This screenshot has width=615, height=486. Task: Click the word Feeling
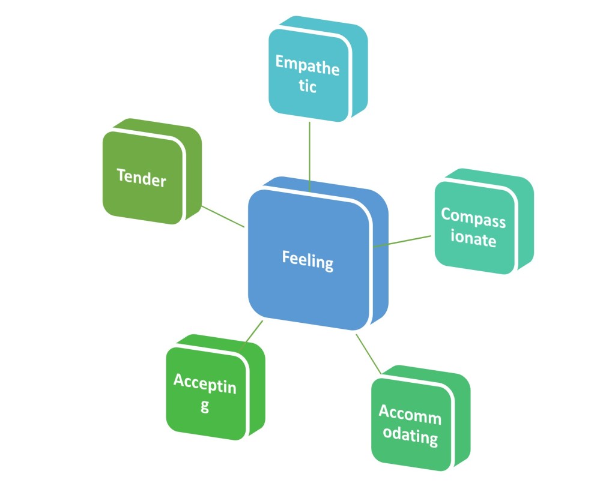[307, 262]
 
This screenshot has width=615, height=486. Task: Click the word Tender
[141, 177]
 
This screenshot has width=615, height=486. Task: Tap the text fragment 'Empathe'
[307, 65]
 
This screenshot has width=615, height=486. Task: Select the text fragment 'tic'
[307, 86]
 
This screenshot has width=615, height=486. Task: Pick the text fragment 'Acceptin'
[205, 383]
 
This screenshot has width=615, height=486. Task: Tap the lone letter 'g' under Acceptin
[205, 406]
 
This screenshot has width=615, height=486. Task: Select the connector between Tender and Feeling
[222, 216]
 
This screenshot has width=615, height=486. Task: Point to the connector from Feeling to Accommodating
[369, 355]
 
